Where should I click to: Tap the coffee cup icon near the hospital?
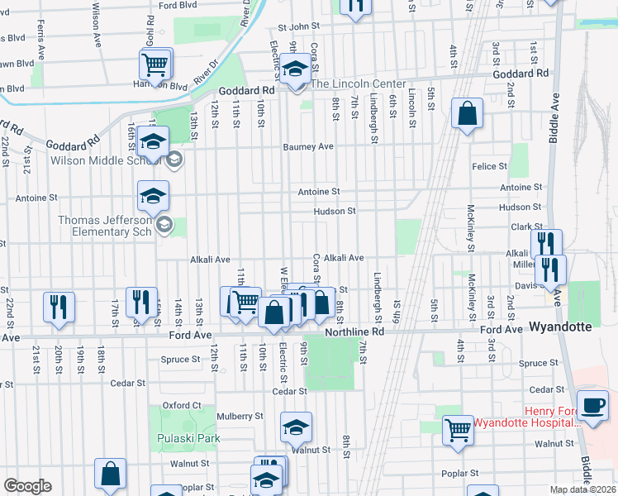tap(592, 406)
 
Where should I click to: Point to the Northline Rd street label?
tap(355, 331)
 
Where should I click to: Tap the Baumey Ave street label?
tap(308, 146)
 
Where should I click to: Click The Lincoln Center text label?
tap(358, 84)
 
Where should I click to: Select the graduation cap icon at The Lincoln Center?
tap(294, 70)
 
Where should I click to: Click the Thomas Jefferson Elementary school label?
tap(106, 226)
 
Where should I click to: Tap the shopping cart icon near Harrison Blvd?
tap(154, 64)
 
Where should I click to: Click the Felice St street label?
tap(490, 167)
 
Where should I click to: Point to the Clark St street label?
tap(525, 226)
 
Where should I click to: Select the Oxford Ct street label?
tap(182, 405)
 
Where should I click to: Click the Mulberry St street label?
tap(240, 417)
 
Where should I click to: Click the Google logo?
tap(27, 486)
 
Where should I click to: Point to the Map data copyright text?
tap(582, 489)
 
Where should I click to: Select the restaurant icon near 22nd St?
tap(59, 305)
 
